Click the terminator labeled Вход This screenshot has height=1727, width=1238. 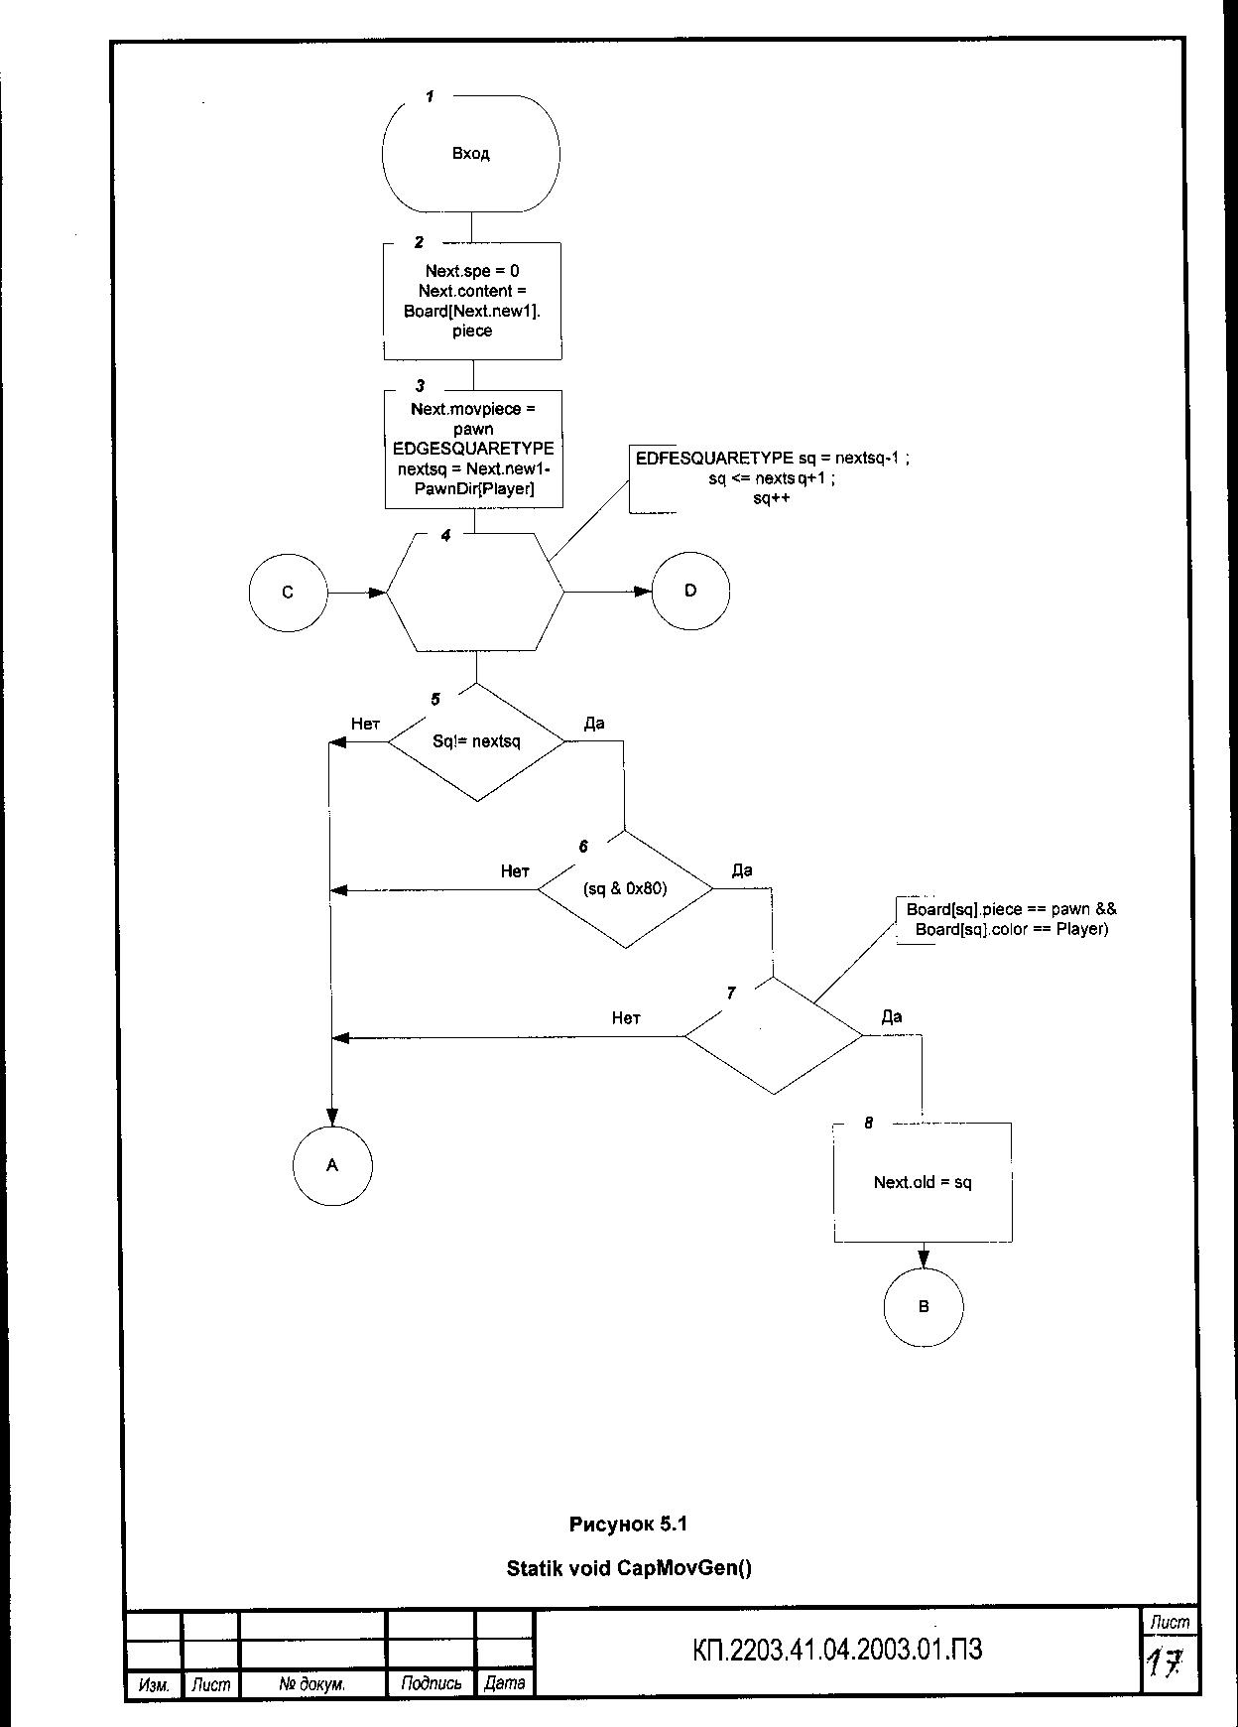coord(471,154)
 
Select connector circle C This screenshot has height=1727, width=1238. coord(288,593)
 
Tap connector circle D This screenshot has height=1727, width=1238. coord(690,591)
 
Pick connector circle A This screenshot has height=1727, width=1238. coord(332,1165)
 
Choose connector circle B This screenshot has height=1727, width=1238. coord(923,1306)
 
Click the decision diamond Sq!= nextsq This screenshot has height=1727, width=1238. coord(476,741)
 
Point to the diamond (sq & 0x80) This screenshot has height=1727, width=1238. coord(625,888)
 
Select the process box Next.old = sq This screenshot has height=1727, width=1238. coord(923,1182)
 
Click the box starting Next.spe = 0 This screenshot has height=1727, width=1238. coord(472,301)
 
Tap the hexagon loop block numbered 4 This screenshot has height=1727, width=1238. coord(474,593)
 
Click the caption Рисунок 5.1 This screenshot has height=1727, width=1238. coord(628,1524)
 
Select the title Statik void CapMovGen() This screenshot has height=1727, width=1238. coord(629,1568)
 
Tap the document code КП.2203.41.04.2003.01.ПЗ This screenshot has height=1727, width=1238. coord(837,1651)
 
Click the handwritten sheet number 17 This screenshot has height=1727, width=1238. coord(1168,1661)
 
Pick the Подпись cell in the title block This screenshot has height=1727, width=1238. coord(432,1683)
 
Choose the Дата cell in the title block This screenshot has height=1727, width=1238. coord(504,1683)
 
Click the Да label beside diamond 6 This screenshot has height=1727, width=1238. coord(742,870)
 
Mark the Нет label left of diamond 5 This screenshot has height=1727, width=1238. coord(365,724)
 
